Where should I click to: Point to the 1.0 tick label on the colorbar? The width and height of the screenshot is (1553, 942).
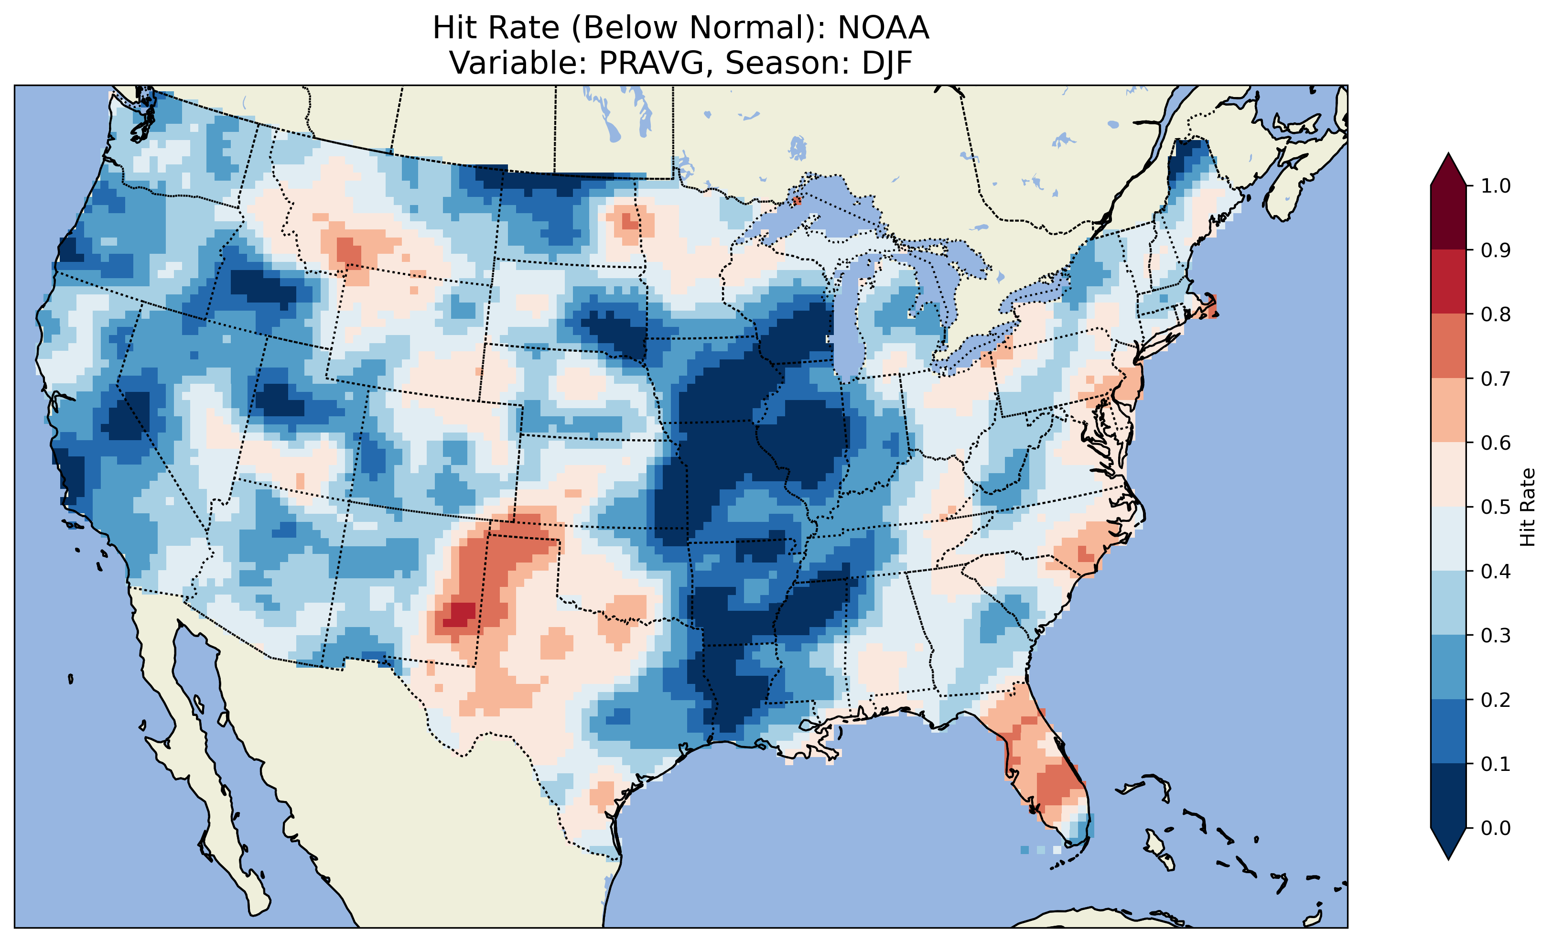[1496, 186]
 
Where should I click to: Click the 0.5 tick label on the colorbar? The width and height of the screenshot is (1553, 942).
[1496, 507]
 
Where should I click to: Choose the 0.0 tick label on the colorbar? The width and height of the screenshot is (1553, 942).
[1496, 828]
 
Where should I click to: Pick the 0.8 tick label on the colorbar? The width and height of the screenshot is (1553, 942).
[1496, 314]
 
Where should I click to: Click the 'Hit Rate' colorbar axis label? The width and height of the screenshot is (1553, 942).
[1527, 507]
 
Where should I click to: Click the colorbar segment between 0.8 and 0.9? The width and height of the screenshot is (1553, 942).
[1448, 282]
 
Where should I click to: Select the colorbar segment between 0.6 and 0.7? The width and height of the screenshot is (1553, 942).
[1448, 410]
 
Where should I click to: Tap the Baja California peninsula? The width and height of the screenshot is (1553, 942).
[208, 788]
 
